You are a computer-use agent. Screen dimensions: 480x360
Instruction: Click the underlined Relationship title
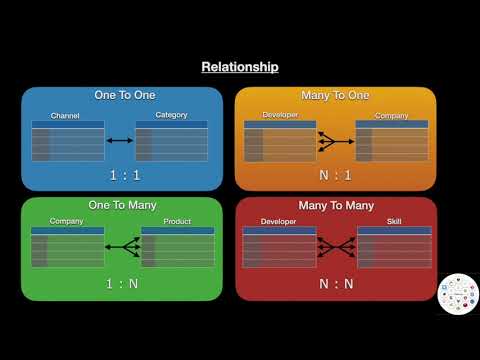(x=240, y=68)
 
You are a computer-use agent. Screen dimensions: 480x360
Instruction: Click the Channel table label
(x=65, y=116)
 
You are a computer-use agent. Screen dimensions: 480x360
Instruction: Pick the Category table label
(x=172, y=116)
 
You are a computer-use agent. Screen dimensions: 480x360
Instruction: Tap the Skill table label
(x=394, y=221)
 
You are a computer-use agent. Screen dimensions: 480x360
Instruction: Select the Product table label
(x=177, y=221)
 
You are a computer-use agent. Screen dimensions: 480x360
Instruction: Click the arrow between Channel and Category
(x=120, y=141)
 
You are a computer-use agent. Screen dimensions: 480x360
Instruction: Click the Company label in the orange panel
(x=391, y=116)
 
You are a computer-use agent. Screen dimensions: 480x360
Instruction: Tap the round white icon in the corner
(x=457, y=293)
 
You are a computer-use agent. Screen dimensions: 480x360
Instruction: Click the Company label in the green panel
(x=66, y=221)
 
